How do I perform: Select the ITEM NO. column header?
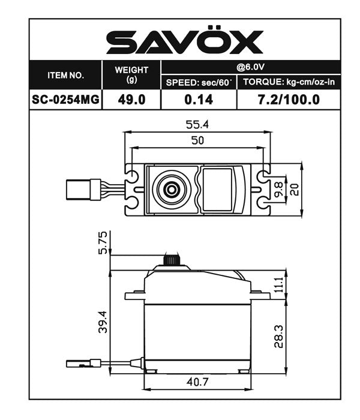[66, 76]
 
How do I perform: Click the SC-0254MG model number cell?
[66, 99]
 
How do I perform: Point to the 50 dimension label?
[197, 140]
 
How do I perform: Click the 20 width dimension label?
[295, 190]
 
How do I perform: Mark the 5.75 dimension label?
[103, 242]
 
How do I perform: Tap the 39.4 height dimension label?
[103, 322]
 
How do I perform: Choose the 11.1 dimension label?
[277, 284]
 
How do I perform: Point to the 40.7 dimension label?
[197, 381]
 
